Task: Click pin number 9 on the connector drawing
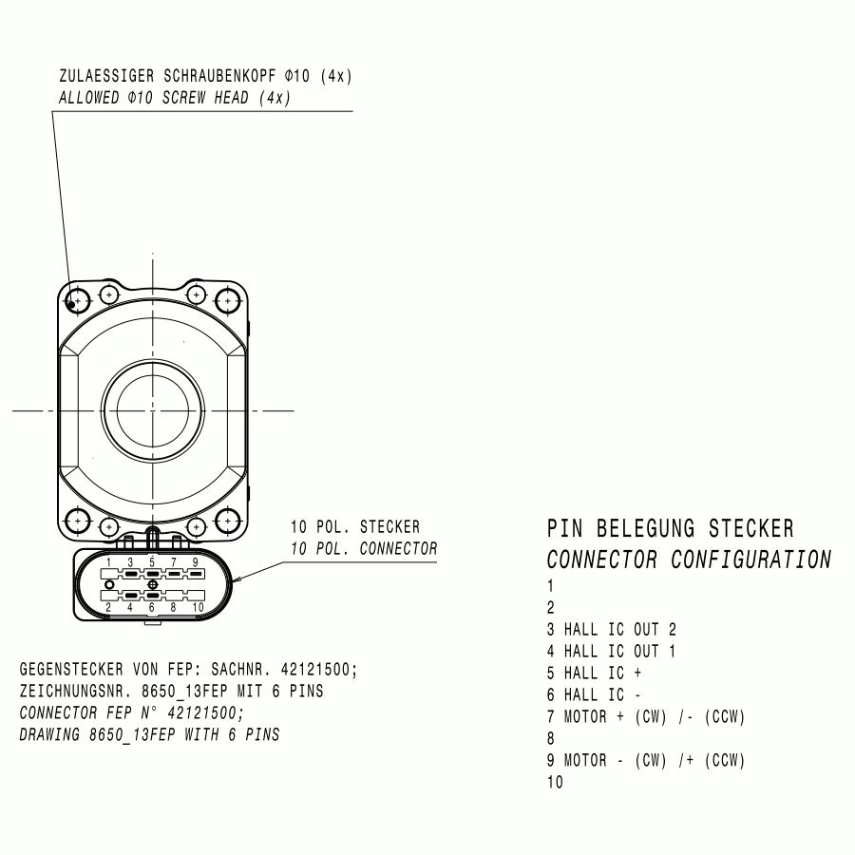pyautogui.click(x=195, y=562)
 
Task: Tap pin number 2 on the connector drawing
pyautogui.click(x=108, y=607)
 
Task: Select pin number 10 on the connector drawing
pyautogui.click(x=198, y=607)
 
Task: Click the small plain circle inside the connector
pyautogui.click(x=109, y=584)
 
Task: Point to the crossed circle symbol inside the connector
pyautogui.click(x=153, y=584)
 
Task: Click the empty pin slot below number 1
pyautogui.click(x=109, y=574)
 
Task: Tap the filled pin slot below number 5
pyautogui.click(x=153, y=574)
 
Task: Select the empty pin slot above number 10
pyautogui.click(x=197, y=595)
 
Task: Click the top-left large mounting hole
pyautogui.click(x=78, y=300)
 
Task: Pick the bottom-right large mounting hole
pyautogui.click(x=227, y=522)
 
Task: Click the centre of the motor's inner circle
pyautogui.click(x=153, y=410)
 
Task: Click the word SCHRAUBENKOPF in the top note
pyautogui.click(x=220, y=75)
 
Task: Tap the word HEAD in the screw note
pyautogui.click(x=231, y=98)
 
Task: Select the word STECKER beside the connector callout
pyautogui.click(x=389, y=526)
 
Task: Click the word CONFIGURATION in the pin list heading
pyautogui.click(x=750, y=560)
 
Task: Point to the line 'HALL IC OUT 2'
pyautogui.click(x=612, y=630)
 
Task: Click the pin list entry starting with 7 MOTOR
pyautogui.click(x=646, y=716)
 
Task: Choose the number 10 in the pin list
pyautogui.click(x=555, y=782)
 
